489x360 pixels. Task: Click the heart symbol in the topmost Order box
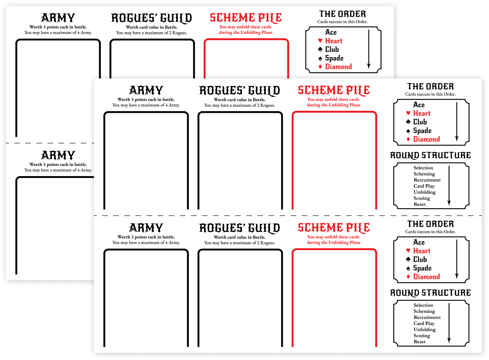coord(320,40)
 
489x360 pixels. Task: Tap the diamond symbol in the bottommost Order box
coord(408,277)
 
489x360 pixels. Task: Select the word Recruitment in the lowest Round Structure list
coord(427,317)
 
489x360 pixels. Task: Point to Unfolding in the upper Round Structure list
coord(425,192)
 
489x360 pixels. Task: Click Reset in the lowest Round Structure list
coord(420,342)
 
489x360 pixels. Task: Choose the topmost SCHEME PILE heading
coord(246,18)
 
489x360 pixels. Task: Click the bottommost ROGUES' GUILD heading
coord(240,228)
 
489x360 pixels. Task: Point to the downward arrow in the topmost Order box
coord(369,49)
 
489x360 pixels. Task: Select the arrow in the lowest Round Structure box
coord(449,323)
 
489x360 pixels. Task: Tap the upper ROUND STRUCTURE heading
coord(430,155)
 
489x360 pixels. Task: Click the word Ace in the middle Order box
coord(419,105)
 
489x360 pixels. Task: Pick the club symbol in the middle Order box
coord(408,122)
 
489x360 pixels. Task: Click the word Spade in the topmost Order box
coord(334,58)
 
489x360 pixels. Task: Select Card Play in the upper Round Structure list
coord(424,186)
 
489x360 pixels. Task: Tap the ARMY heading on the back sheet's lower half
coord(58,155)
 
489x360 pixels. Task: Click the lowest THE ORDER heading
coord(430,224)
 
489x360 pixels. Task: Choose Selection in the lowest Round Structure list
coord(423,305)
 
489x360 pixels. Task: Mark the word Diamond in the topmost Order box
coord(339,67)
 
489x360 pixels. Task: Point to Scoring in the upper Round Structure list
coord(422,198)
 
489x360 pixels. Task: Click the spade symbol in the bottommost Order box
coord(408,268)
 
